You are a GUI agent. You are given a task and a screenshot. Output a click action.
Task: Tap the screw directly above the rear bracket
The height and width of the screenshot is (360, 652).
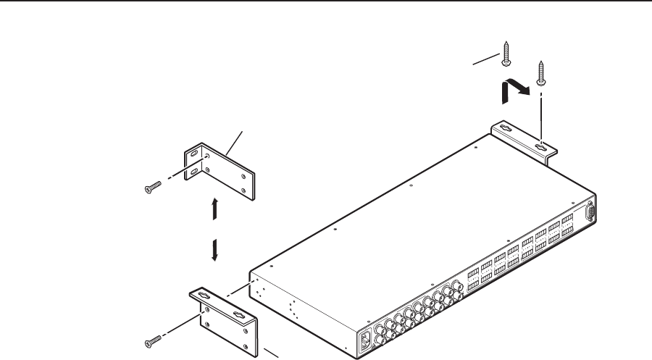coord(540,72)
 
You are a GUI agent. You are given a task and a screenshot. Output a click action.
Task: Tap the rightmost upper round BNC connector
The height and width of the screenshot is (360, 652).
coord(456,285)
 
